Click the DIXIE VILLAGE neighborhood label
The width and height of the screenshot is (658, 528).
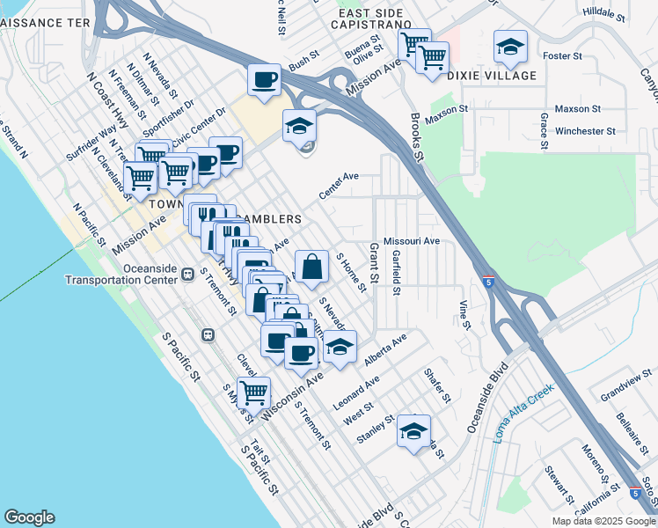[x=492, y=76]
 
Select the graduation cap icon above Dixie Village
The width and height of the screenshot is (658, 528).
[x=509, y=48]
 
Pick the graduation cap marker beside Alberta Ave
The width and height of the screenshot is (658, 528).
[x=340, y=348]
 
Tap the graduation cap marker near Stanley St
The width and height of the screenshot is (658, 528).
[x=413, y=432]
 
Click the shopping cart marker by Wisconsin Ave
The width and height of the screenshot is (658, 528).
[x=253, y=392]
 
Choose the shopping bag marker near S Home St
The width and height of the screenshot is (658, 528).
[x=311, y=267]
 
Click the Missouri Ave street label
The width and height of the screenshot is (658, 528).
[x=412, y=240]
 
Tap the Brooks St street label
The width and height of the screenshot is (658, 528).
[x=417, y=136]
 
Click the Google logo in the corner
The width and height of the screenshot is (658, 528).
[x=29, y=517]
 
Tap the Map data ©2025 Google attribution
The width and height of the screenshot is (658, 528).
[x=603, y=521]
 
